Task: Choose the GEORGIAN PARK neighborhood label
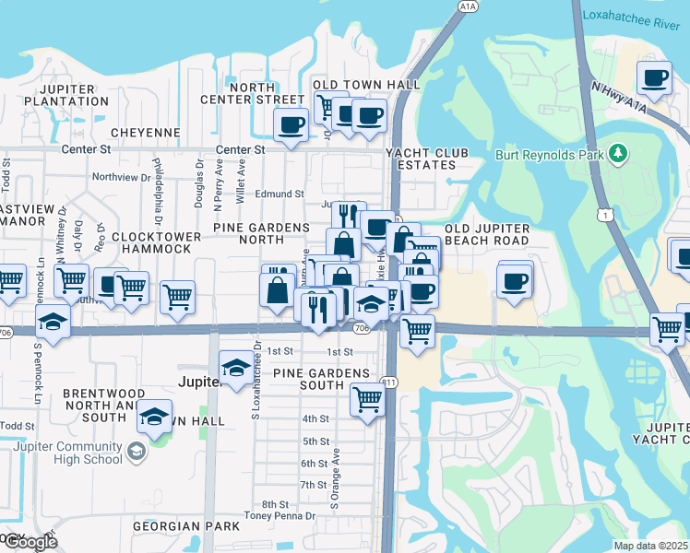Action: pyautogui.click(x=185, y=526)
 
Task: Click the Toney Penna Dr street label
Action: pyautogui.click(x=280, y=515)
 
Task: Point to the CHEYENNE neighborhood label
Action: pyautogui.click(x=145, y=132)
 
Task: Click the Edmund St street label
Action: pyautogui.click(x=280, y=194)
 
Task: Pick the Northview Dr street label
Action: pyautogui.click(x=121, y=177)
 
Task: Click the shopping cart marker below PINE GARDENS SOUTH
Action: pyautogui.click(x=367, y=399)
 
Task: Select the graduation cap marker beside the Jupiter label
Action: pyautogui.click(x=236, y=368)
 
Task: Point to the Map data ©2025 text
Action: pyautogui.click(x=649, y=546)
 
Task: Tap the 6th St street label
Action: pyautogui.click(x=314, y=464)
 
